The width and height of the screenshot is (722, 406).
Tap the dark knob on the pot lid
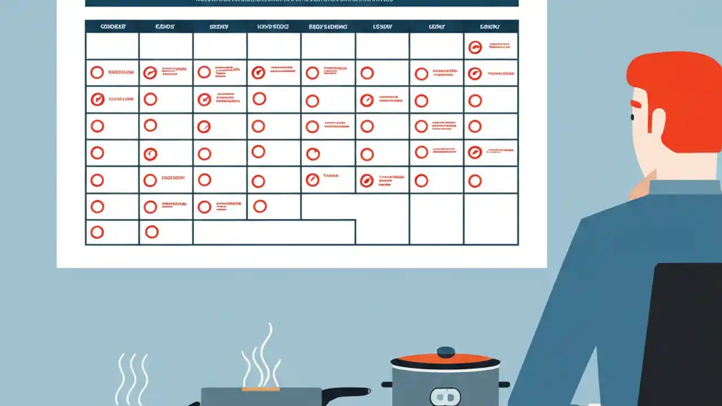coord(446,351)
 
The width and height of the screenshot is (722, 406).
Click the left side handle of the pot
coord(387,385)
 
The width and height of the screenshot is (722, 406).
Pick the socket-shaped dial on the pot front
coord(445,396)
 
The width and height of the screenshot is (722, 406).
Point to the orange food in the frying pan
coord(261,389)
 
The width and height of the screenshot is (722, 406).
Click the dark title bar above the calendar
coord(301,3)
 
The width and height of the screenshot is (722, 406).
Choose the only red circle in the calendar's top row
coord(475,47)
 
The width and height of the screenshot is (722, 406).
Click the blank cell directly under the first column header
coord(112,46)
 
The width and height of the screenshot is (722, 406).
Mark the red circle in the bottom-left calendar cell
coord(97,232)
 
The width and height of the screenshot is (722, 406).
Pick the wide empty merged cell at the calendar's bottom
coord(274,232)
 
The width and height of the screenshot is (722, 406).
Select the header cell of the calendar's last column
coord(491,27)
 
